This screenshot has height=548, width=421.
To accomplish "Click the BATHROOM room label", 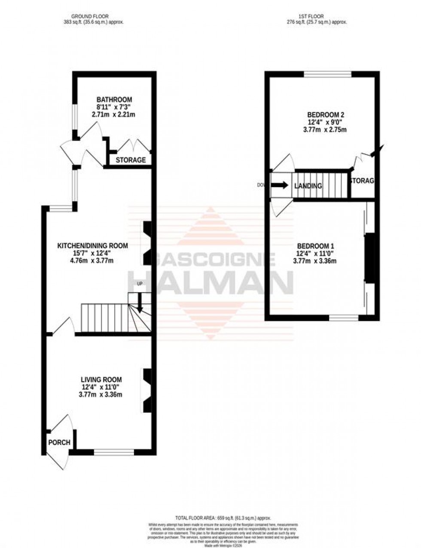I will click(114, 100).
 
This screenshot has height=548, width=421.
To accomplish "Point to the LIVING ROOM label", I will click(101, 379).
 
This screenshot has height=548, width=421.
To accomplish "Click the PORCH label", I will click(59, 442).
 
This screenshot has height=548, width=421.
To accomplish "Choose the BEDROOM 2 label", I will click(326, 115).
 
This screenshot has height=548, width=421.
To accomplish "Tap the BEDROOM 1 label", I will click(316, 246).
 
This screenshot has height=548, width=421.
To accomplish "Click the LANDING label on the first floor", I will click(308, 186).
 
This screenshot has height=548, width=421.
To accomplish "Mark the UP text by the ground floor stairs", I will click(139, 284).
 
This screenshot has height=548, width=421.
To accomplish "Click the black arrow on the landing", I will click(280, 185).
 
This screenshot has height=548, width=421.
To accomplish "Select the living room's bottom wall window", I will click(114, 451).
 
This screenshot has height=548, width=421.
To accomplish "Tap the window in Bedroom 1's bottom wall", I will click(344, 318).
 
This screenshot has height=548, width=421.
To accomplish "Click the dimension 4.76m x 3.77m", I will click(93, 260).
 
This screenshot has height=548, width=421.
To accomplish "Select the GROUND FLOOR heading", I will click(90, 16).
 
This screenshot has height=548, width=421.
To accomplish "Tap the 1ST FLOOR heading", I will click(317, 16).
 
